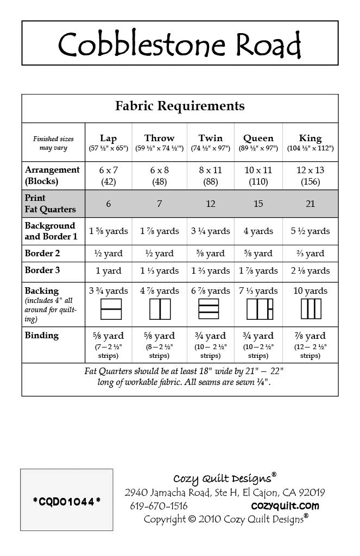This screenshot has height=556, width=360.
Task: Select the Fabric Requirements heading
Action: click(x=180, y=106)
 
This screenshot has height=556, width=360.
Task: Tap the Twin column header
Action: click(x=210, y=138)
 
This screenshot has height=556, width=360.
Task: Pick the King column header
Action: click(x=310, y=138)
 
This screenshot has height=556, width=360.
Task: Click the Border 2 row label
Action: click(x=42, y=253)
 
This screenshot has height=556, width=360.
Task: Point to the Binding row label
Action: click(x=42, y=336)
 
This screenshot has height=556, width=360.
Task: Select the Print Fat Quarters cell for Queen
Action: click(x=258, y=204)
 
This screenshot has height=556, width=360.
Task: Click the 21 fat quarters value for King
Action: click(x=310, y=204)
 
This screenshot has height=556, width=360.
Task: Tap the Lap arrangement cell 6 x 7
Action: click(x=108, y=170)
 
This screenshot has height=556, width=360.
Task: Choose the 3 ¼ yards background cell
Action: click(x=210, y=231)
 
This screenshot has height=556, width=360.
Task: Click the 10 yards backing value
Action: click(x=310, y=291)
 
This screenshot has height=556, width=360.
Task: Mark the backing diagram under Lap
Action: click(x=111, y=309)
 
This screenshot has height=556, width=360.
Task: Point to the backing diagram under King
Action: click(x=311, y=309)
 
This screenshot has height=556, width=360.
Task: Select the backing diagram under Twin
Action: click(x=210, y=309)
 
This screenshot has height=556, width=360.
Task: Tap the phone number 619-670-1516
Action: click(x=159, y=506)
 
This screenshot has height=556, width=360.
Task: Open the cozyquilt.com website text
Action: click(x=285, y=506)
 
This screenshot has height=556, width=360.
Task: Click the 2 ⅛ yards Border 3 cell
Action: click(x=310, y=270)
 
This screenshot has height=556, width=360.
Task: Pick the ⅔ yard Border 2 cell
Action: click(x=310, y=253)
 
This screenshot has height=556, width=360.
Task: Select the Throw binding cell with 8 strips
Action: click(x=159, y=345)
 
